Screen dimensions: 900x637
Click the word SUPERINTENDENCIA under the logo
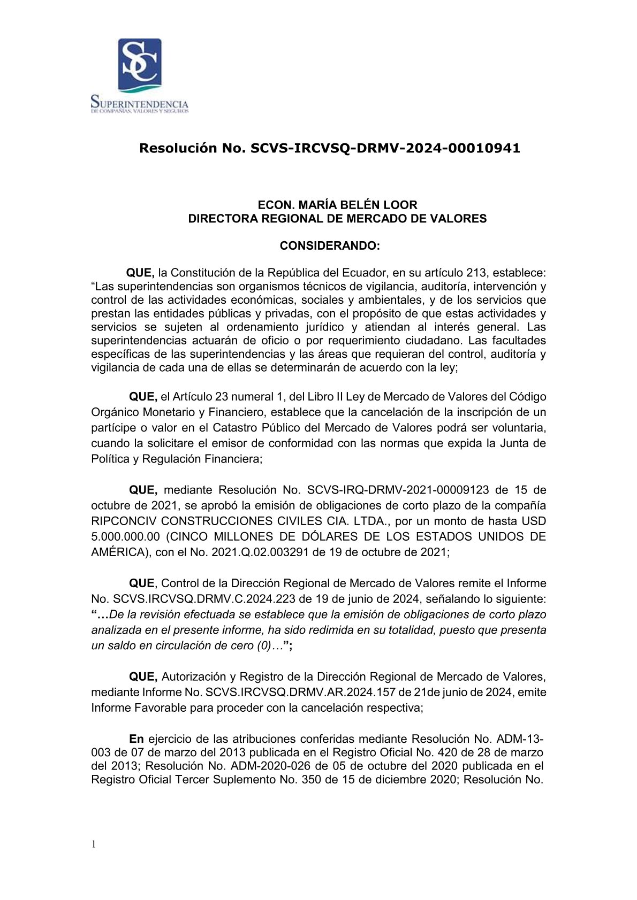[x=140, y=103]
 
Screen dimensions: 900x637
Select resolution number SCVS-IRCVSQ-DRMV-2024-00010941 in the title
[x=385, y=148]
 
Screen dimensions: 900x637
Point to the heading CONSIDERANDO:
[x=330, y=245]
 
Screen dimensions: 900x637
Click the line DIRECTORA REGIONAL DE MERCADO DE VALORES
[x=337, y=219]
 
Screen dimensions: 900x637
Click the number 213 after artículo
[x=476, y=273]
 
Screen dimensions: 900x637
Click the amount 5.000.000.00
[x=125, y=536]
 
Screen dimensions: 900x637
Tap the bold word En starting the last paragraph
[x=136, y=739]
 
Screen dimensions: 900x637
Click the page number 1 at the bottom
[x=94, y=844]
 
